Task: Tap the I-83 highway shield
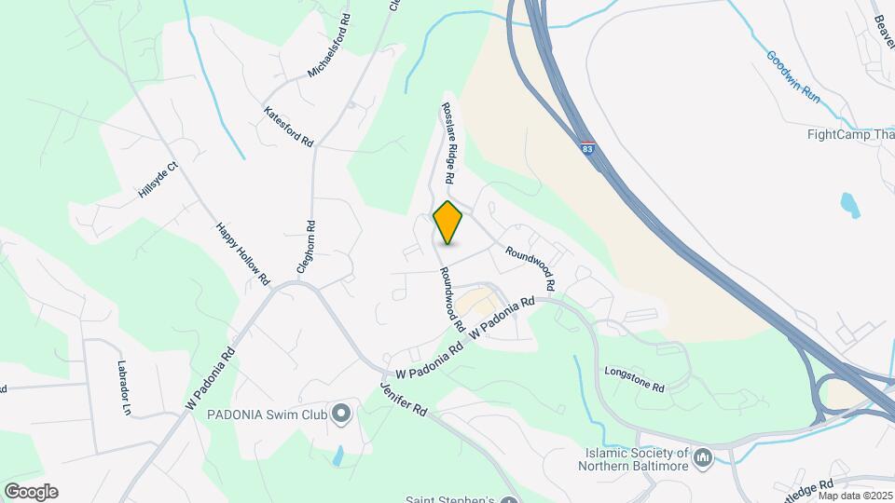click(587, 148)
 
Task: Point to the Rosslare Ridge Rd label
click(448, 142)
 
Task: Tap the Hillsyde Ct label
click(158, 180)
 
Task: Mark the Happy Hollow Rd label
click(242, 252)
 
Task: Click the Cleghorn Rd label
click(303, 246)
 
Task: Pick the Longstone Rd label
click(634, 379)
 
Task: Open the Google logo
click(31, 491)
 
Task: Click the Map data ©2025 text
click(854, 496)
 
